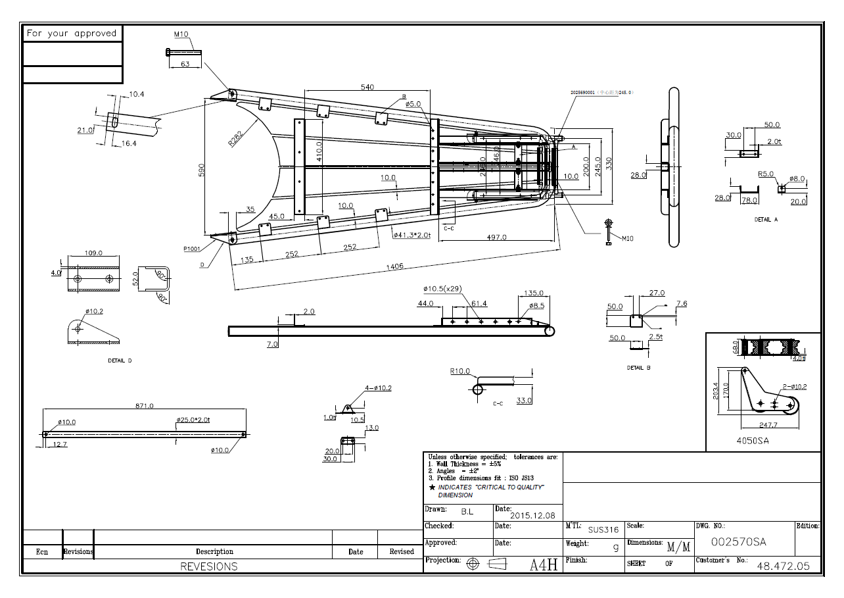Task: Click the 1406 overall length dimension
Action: coord(396,266)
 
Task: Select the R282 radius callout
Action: coord(235,139)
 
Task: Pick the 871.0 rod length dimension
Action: coord(143,406)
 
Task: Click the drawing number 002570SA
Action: coord(739,541)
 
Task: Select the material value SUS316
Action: coord(603,530)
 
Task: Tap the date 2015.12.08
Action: coord(532,515)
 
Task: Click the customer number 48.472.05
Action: coord(784,565)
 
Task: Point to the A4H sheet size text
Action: coord(544,564)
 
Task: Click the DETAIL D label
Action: coord(120,361)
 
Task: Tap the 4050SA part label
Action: coord(753,441)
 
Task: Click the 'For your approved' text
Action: coord(72,33)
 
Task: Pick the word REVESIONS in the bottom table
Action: coord(209,566)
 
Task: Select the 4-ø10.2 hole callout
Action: coord(378,388)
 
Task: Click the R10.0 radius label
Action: coord(460,371)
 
